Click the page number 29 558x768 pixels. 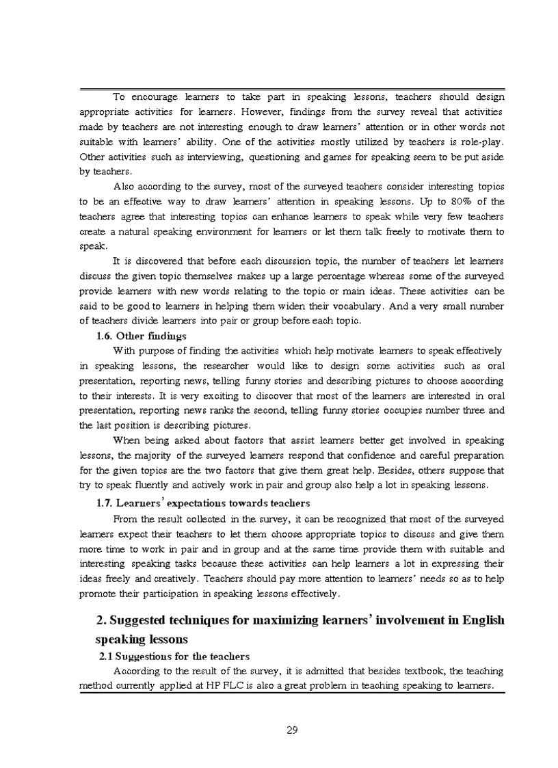[292, 730]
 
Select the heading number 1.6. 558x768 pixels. [105, 336]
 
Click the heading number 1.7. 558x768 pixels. [105, 503]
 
